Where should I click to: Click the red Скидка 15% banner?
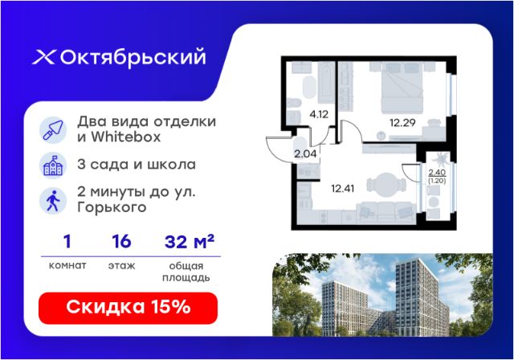pyautogui.click(x=128, y=308)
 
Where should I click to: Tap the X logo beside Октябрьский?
pyautogui.click(x=44, y=57)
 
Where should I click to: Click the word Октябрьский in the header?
pyautogui.click(x=133, y=58)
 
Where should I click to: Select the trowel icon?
pyautogui.click(x=53, y=130)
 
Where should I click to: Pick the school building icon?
pyautogui.click(x=53, y=166)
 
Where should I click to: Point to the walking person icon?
pyautogui.click(x=53, y=201)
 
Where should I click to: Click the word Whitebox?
pyautogui.click(x=126, y=137)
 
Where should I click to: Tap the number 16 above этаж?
pyautogui.click(x=121, y=242)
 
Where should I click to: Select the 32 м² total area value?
pyautogui.click(x=190, y=242)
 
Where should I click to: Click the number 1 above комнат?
pyautogui.click(x=67, y=242)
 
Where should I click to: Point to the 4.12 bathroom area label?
pyautogui.click(x=319, y=114)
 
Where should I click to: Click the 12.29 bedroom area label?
pyautogui.click(x=402, y=123)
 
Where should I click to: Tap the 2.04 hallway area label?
pyautogui.click(x=305, y=153)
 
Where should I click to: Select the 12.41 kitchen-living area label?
pyautogui.click(x=343, y=189)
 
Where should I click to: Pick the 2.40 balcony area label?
pyautogui.click(x=437, y=173)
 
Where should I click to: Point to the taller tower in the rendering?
pyautogui.click(x=421, y=297)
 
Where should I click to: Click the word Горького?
pyautogui.click(x=112, y=207)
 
